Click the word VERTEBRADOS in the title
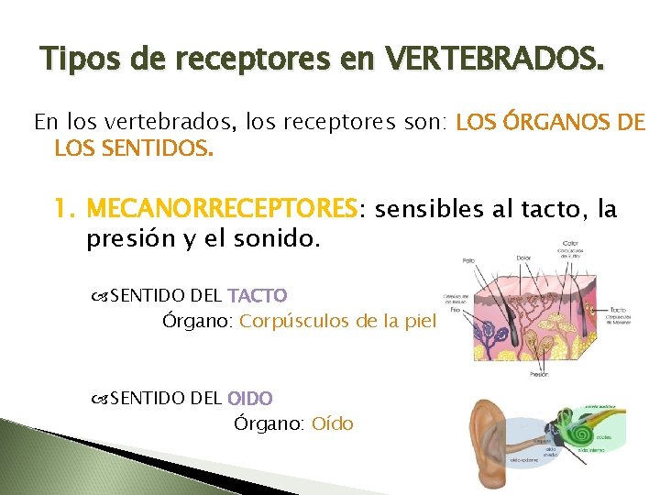496,61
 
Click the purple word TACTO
257,296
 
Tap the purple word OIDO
249,399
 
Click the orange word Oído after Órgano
332,424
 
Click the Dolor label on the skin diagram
522,258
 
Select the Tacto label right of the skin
618,310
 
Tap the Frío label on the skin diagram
455,310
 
